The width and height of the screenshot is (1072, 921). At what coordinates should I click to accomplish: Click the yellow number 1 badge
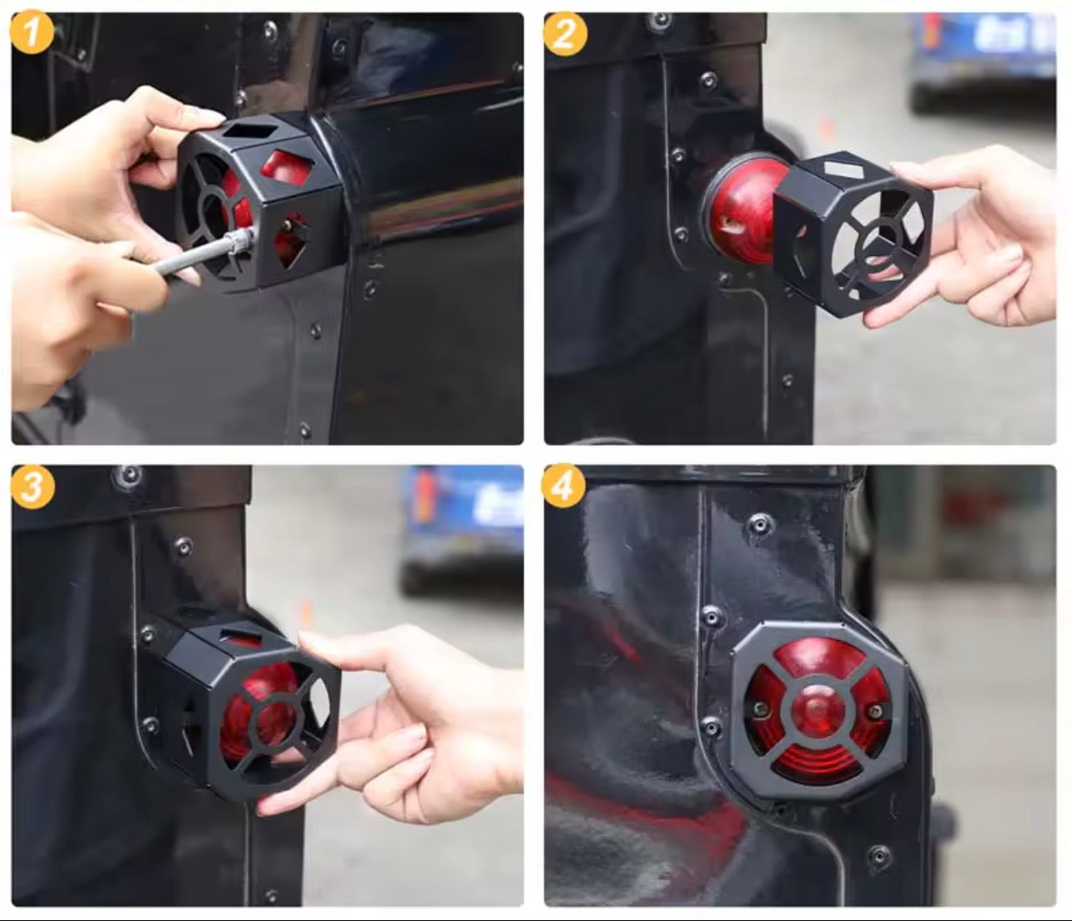click(x=32, y=33)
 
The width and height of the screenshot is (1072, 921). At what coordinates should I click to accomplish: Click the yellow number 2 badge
click(x=565, y=34)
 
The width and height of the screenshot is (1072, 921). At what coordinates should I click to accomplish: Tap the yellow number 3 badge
click(x=32, y=486)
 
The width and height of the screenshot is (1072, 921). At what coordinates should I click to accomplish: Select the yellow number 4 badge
click(x=563, y=485)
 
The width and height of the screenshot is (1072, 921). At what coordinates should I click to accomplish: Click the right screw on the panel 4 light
click(x=874, y=712)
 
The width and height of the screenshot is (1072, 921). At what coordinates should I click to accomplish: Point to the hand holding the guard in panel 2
click(x=981, y=241)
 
